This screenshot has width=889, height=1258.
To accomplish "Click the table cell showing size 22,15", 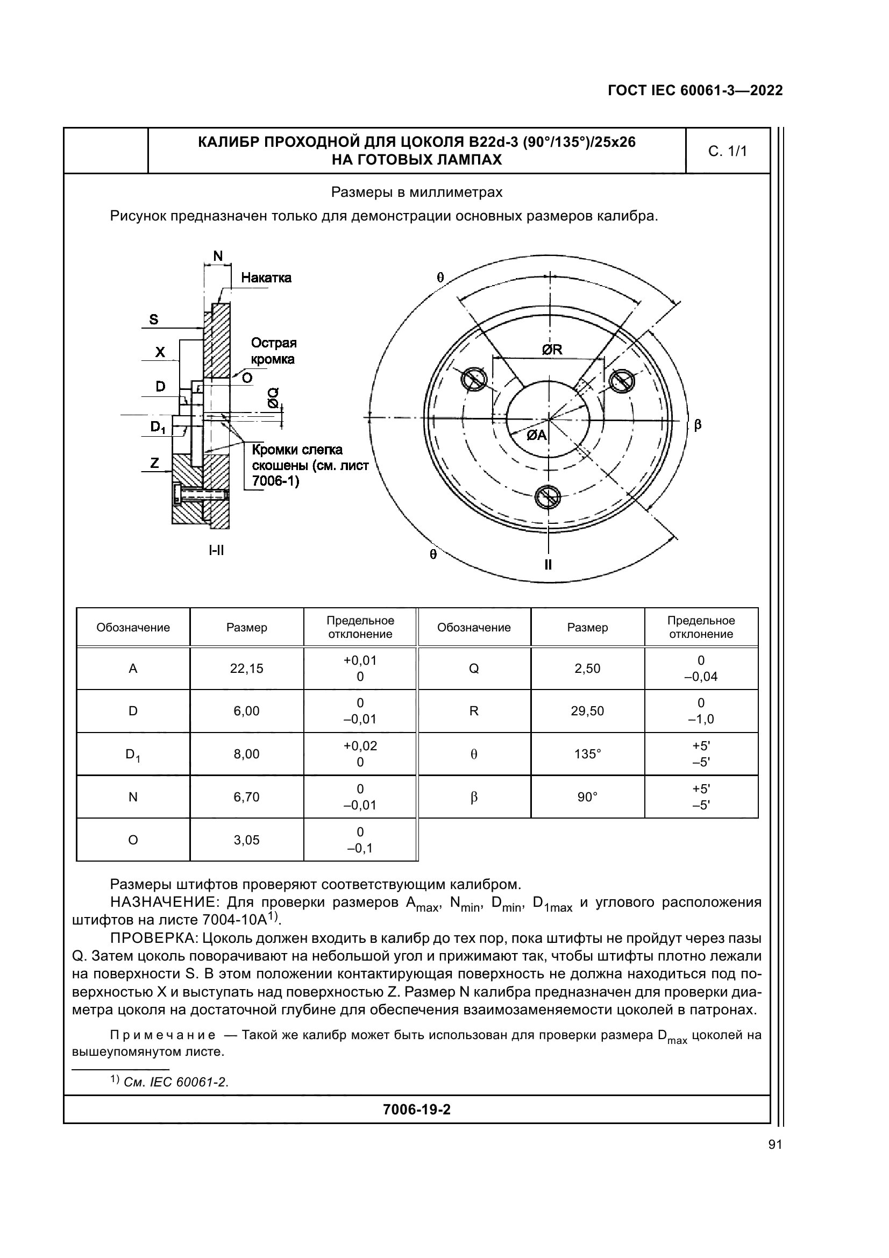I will coord(246,669).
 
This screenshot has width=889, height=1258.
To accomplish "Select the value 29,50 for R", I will coord(587,711).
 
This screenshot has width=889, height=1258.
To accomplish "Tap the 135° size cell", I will coord(587,754).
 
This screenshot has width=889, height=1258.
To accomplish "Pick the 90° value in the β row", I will coord(587,797).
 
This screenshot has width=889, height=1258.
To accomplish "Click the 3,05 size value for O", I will coord(246,840).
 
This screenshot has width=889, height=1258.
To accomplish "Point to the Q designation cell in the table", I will coord(474,669).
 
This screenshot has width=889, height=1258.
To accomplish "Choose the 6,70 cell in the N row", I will coord(246,797).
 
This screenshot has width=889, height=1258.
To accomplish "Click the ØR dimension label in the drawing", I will coord(552,350).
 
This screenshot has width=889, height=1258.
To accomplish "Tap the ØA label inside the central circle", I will coord(537,435).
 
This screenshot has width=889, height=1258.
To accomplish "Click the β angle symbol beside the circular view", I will coord(698,425).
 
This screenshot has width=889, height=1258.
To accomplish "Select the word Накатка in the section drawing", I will coord(266,278).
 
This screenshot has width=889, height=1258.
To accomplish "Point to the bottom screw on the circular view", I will coord(547,497).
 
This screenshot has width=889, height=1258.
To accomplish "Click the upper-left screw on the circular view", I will coord(474,379).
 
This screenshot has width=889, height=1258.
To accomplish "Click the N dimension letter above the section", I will coord(217,256).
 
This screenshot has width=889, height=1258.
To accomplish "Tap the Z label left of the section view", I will coord(154,464).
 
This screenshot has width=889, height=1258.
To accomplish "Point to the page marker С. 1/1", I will coord(728,152).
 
